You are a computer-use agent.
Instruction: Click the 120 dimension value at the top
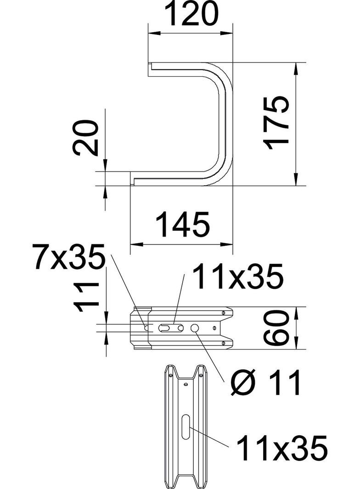(191, 15)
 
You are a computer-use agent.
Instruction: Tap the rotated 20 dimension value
(86, 139)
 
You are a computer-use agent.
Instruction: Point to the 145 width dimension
(183, 224)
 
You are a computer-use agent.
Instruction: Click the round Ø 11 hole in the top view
(195, 328)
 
